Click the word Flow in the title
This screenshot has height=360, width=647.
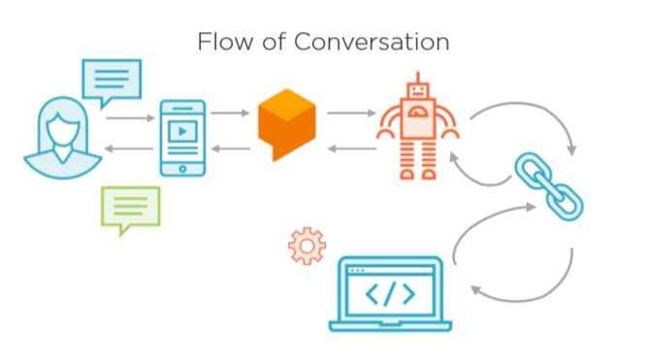click(x=221, y=43)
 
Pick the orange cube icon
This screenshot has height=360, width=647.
click(x=287, y=124)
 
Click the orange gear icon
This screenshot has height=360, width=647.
click(x=307, y=245)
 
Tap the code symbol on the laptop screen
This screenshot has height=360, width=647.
click(x=388, y=293)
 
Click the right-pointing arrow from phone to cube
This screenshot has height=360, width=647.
click(x=230, y=114)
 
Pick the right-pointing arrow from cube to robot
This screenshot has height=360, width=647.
click(x=350, y=114)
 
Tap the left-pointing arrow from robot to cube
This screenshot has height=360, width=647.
click(x=350, y=148)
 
